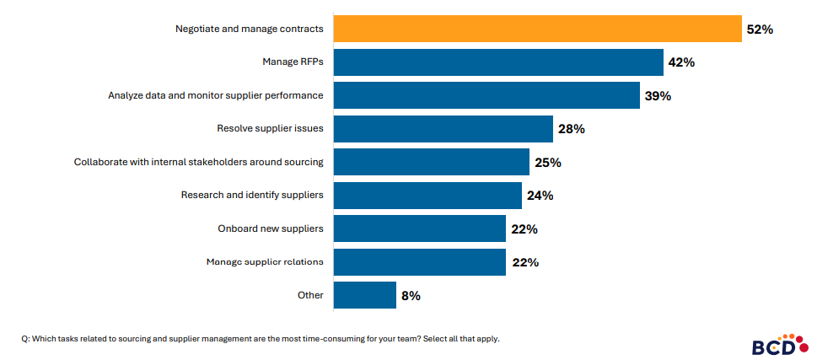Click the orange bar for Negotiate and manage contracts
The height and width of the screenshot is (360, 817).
coord(538,29)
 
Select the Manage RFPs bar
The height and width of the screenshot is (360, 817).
coord(498,62)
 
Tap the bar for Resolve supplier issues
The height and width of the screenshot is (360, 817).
coord(443,129)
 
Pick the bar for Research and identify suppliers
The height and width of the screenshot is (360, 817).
coord(427,196)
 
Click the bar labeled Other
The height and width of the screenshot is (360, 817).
coord(365,295)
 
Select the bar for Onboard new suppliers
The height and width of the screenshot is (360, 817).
coord(420,228)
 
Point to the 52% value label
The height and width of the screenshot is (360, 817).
coord(760,30)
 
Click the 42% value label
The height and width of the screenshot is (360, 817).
coord(681,62)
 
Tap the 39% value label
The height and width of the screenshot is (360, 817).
coord(658,96)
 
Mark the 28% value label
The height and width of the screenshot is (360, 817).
coord(571,129)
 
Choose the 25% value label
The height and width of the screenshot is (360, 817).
coord(547,163)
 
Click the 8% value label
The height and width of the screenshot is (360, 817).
coord(411,296)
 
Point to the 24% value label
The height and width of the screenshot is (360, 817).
coord(540,196)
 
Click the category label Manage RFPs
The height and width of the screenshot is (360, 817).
coord(293,62)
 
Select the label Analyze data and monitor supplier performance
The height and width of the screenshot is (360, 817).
coord(216,95)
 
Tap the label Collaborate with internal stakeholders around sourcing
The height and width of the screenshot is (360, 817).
coord(199,162)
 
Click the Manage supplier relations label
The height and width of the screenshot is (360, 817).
coord(265,261)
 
